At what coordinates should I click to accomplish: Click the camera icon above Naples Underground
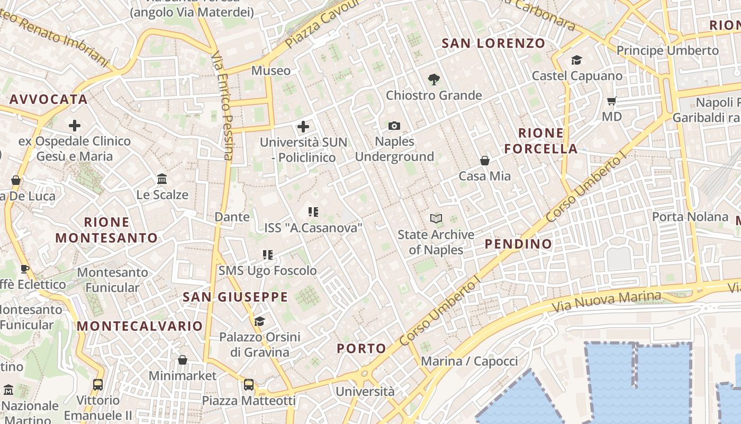click(394, 126)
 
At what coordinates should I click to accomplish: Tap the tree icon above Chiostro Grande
click(434, 79)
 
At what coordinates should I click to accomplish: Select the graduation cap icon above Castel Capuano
click(577, 60)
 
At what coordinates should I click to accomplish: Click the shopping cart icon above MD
click(612, 101)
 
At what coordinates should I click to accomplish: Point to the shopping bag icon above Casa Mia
click(485, 161)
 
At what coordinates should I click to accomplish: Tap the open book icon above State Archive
click(436, 218)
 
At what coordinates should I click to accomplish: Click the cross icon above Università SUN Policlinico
click(303, 127)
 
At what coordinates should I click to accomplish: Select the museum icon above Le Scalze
click(162, 179)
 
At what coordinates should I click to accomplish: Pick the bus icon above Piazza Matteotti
click(249, 385)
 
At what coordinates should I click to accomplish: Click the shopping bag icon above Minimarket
click(183, 360)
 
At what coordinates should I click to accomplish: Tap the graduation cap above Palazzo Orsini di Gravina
click(259, 321)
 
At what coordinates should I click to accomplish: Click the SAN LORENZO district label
click(493, 43)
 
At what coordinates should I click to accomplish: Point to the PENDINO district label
click(519, 244)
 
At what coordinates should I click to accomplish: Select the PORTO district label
click(362, 349)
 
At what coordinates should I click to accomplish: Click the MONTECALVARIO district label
click(140, 326)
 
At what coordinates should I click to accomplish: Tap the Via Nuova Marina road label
click(606, 301)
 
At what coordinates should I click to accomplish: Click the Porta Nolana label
click(690, 217)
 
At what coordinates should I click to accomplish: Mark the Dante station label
click(232, 217)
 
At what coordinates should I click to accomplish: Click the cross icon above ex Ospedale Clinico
click(75, 126)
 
